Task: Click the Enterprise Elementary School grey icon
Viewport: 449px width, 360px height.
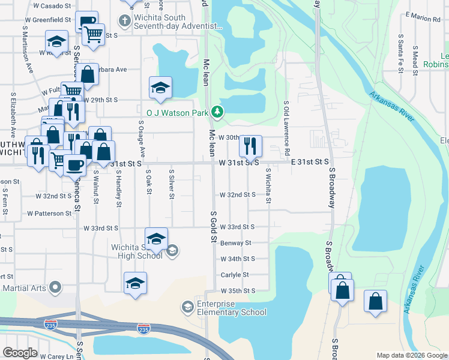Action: [187, 307]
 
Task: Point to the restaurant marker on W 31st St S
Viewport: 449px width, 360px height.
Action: [250, 145]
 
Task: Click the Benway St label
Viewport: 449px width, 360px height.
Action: [235, 244]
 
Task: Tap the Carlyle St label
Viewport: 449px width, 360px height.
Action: [234, 275]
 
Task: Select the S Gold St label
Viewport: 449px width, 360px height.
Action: [212, 227]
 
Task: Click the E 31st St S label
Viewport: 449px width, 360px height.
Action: [310, 162]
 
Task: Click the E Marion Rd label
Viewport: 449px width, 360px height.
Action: [423, 19]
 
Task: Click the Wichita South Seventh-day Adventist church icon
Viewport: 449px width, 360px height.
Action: [124, 22]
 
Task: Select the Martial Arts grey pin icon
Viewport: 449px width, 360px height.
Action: [55, 288]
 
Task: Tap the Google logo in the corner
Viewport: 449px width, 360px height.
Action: [20, 353]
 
